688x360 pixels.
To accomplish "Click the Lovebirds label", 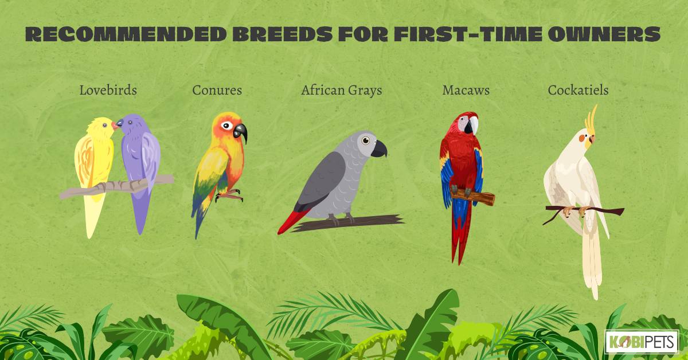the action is pyautogui.click(x=108, y=90).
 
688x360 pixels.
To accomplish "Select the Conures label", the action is pyautogui.click(x=217, y=90).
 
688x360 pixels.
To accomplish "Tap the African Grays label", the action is pyautogui.click(x=342, y=91).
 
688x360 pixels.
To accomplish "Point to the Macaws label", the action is pyautogui.click(x=466, y=90).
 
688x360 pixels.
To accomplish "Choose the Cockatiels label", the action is pyautogui.click(x=578, y=90).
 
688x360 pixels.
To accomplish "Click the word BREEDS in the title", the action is pyautogui.click(x=282, y=34).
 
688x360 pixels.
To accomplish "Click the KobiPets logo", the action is pyautogui.click(x=642, y=342).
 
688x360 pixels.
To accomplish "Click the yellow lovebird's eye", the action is pyautogui.click(x=105, y=125).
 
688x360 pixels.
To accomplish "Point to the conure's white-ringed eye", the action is pyautogui.click(x=226, y=126).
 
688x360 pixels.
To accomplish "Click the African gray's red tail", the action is pyautogui.click(x=293, y=221).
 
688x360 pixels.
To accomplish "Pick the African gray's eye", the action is pyautogui.click(x=366, y=140).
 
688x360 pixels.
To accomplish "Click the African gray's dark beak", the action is pyautogui.click(x=379, y=149).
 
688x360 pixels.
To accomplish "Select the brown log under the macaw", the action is pyautogui.click(x=473, y=196).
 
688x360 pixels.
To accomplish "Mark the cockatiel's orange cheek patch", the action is pyautogui.click(x=582, y=138).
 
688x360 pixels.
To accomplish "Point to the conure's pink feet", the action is pyautogui.click(x=229, y=195).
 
